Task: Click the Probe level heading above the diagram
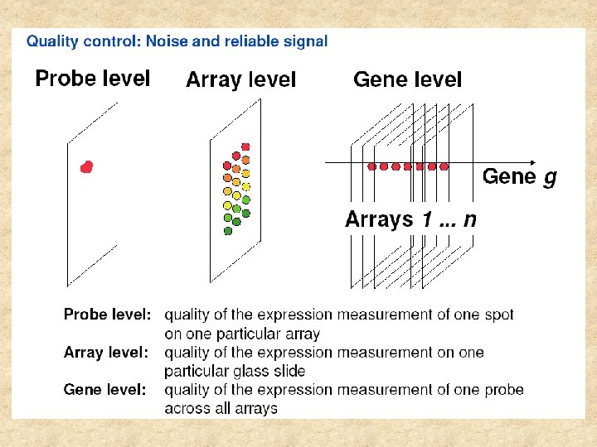(x=92, y=79)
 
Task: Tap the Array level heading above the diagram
(x=240, y=80)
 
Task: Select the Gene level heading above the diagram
(x=407, y=79)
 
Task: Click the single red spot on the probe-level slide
(x=86, y=167)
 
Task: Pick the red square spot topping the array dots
(x=245, y=147)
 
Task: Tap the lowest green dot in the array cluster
(x=228, y=231)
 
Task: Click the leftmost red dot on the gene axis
(x=371, y=166)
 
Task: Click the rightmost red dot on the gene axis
(x=444, y=166)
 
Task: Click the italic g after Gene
(x=550, y=177)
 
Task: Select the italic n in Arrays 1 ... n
(x=469, y=220)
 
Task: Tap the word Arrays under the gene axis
(x=379, y=219)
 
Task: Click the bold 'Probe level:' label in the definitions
(x=108, y=315)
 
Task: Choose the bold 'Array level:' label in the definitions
(x=106, y=353)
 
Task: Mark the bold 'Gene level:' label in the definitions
(x=105, y=389)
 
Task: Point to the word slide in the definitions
(x=287, y=371)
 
